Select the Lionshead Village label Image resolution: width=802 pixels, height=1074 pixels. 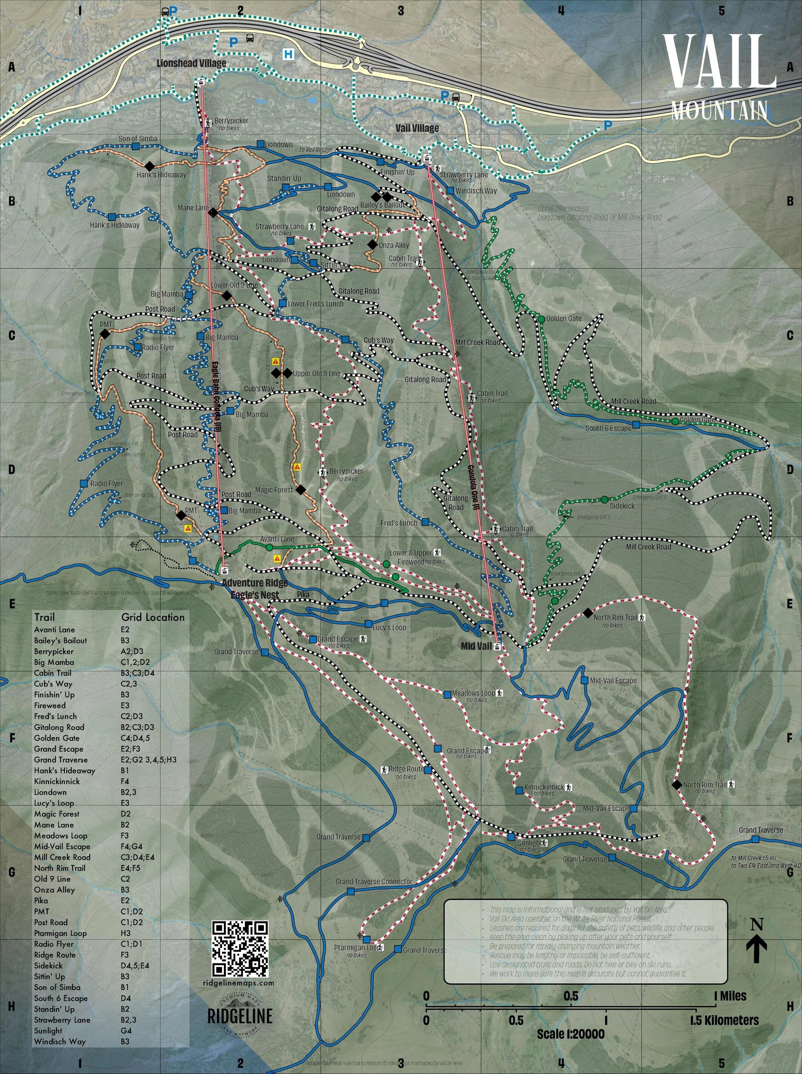coord(191,63)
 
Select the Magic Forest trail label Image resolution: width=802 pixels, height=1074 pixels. coord(274,490)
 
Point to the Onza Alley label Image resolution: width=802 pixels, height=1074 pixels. coord(394,245)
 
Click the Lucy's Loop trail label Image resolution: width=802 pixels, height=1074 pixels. coord(389,627)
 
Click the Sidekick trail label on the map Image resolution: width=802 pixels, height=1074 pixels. coord(622,506)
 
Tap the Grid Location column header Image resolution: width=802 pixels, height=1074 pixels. coord(153,617)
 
